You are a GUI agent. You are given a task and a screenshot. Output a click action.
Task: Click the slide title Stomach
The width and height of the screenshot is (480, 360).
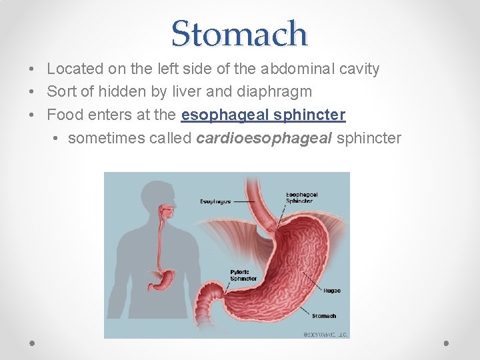tap(239, 33)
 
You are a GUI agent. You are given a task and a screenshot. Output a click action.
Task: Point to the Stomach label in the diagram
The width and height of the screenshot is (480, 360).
tap(324, 316)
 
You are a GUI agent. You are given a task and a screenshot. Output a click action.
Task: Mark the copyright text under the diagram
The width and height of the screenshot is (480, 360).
tap(325, 334)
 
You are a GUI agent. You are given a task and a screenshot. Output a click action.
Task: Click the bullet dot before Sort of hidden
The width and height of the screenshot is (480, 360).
tap(33, 92)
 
